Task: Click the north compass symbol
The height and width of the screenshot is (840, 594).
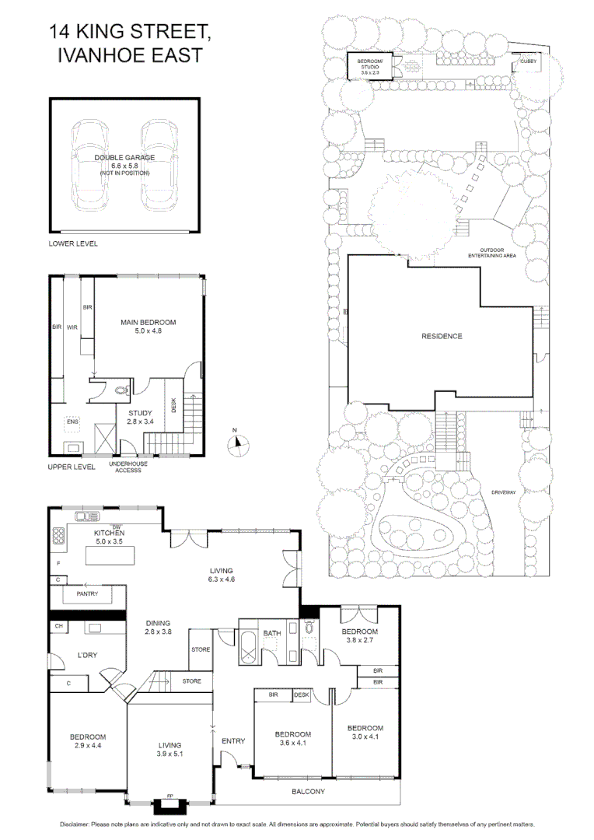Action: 238,444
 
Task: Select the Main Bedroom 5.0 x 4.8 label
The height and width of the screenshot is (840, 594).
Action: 148,327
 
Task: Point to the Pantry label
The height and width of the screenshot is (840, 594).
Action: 86,593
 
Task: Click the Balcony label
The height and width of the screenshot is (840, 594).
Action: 308,792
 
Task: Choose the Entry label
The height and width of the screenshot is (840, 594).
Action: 233,741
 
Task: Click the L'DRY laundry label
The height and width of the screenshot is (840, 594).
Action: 86,656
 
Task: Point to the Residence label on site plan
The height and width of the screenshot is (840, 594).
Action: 442,337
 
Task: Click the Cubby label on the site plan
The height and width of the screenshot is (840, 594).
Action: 529,60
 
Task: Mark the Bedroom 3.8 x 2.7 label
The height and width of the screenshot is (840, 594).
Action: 360,636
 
